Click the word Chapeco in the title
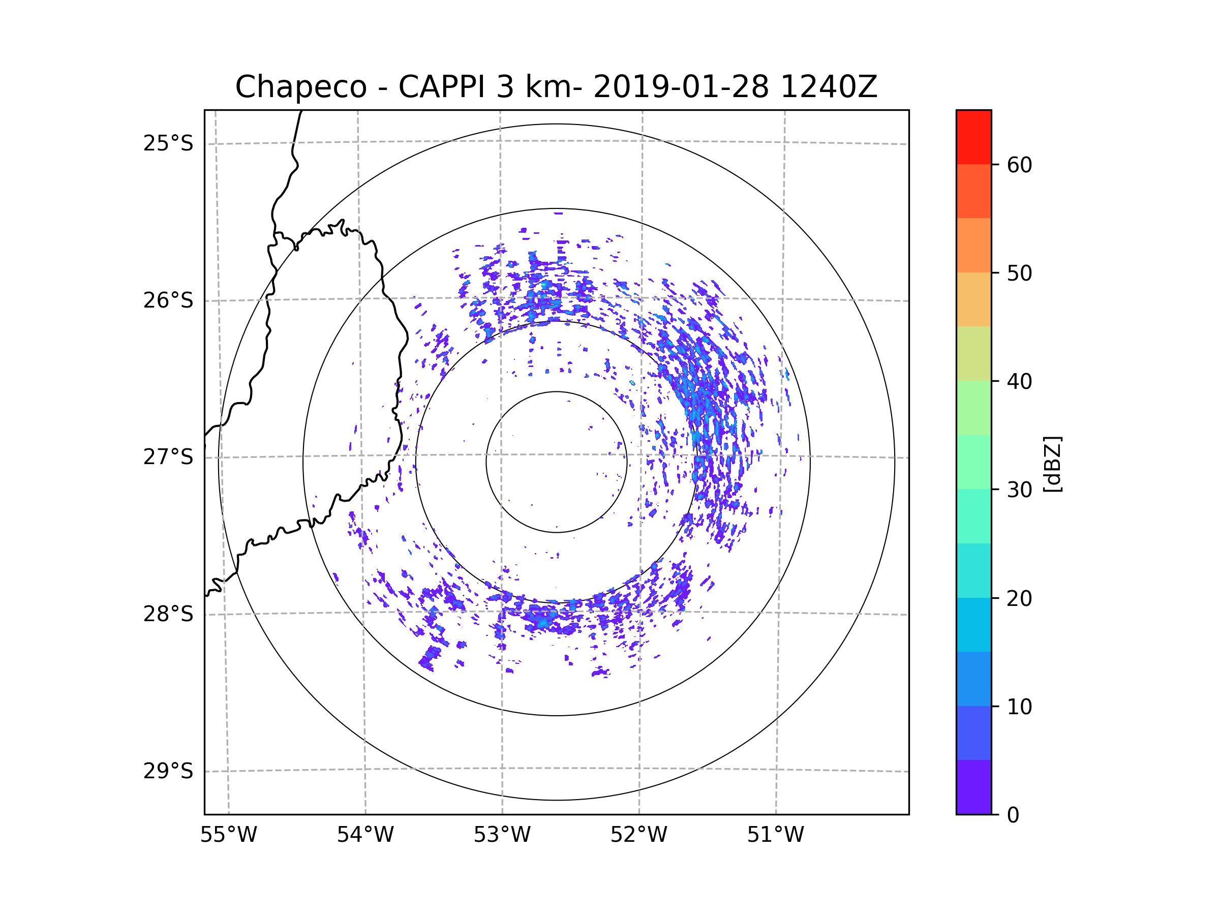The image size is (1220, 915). [300, 87]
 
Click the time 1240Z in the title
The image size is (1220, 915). [829, 87]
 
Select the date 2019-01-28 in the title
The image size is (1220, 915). [681, 87]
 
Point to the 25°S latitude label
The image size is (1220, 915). [168, 143]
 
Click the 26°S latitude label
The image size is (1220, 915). [168, 300]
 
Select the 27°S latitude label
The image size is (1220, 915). [168, 457]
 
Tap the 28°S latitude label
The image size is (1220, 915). [168, 614]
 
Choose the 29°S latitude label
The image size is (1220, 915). [168, 771]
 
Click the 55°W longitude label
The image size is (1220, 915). [228, 835]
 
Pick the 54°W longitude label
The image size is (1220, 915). [365, 835]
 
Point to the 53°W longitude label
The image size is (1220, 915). [502, 835]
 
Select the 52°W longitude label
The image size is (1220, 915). [638, 835]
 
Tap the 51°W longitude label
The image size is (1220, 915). [775, 835]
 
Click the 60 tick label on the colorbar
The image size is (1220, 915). [1019, 165]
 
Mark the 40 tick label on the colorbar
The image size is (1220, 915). [1019, 382]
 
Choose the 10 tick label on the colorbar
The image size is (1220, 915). [1019, 707]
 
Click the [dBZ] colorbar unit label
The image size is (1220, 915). [1052, 465]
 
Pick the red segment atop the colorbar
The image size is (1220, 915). [973, 137]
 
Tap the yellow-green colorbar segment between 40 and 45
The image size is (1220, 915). [973, 353]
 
